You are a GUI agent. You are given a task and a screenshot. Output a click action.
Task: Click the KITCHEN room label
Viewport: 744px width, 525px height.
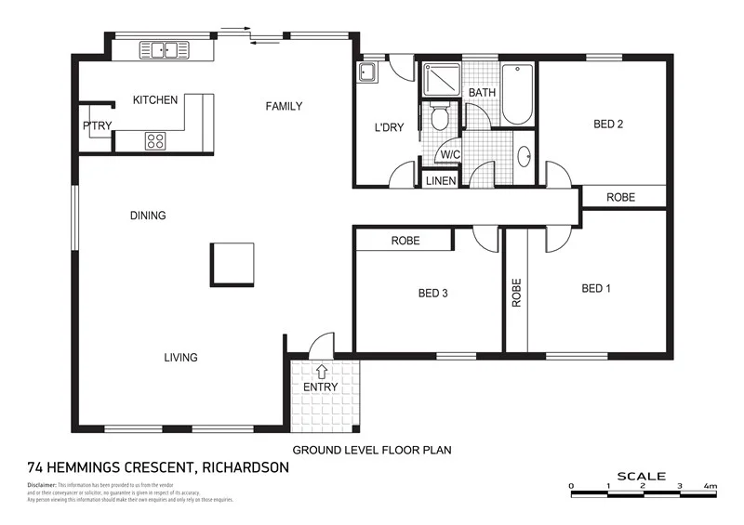(154, 100)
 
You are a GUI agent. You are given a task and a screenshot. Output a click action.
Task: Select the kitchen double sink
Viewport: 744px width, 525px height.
(165, 50)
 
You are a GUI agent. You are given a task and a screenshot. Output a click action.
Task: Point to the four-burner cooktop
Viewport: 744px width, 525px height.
(154, 141)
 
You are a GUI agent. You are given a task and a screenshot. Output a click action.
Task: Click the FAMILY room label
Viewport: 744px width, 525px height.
(284, 106)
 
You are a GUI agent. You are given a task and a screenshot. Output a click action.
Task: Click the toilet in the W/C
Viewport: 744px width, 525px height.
(440, 117)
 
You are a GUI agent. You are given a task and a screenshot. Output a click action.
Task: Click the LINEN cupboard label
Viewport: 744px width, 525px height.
(441, 181)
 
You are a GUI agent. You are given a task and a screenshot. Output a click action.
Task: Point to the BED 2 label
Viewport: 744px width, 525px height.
(607, 125)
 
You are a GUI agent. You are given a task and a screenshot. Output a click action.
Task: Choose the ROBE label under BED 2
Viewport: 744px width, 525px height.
(621, 198)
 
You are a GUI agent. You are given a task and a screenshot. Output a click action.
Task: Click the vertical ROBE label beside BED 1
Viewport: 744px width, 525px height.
(516, 293)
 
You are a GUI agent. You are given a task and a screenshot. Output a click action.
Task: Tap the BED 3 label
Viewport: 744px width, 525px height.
(433, 294)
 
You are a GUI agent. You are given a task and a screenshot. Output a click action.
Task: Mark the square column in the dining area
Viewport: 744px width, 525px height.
(232, 263)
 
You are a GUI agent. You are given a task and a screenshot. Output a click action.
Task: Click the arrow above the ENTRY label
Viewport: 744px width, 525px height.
(322, 372)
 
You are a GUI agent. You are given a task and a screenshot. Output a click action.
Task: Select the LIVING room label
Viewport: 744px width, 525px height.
(180, 358)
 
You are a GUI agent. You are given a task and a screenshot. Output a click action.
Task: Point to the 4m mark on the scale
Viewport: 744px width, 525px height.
(711, 487)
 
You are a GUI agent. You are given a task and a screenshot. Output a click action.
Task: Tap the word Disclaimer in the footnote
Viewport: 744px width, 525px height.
(42, 485)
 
